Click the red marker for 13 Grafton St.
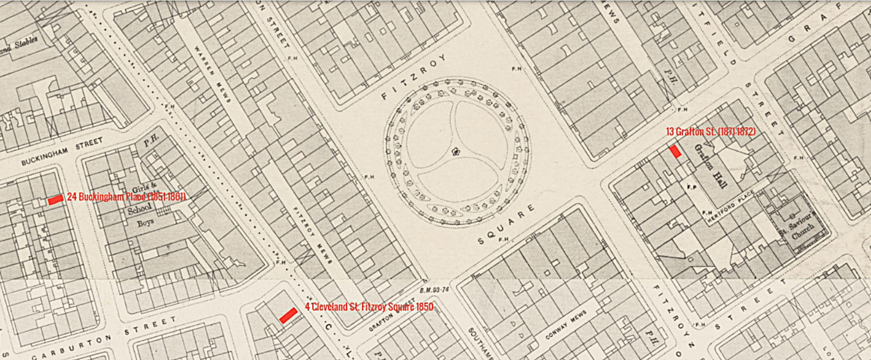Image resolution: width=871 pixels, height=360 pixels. pyautogui.click(x=675, y=152)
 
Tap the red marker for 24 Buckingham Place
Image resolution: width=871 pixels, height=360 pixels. pyautogui.click(x=55, y=200)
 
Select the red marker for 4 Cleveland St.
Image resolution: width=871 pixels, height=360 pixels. pyautogui.click(x=289, y=315)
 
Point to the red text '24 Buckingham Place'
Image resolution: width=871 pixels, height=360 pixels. pyautogui.click(x=126, y=197)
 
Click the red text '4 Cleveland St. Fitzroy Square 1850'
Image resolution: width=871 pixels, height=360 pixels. pyautogui.click(x=369, y=307)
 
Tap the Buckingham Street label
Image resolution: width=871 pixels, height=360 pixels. pyautogui.click(x=62, y=152)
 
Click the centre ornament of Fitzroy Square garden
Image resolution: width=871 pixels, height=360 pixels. pyautogui.click(x=457, y=152)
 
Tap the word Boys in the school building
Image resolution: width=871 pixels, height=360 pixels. pyautogui.click(x=145, y=222)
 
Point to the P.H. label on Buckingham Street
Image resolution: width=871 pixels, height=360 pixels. pyautogui.click(x=149, y=143)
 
